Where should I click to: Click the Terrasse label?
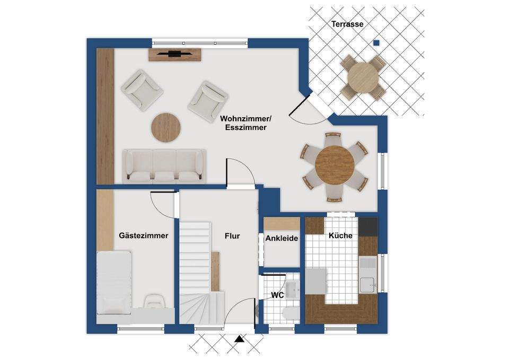[347, 24]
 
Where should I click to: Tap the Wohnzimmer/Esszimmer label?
[245, 123]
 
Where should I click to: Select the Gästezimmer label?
[144, 235]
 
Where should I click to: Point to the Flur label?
[232, 236]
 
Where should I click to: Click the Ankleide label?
[282, 238]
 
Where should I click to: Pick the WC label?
[277, 295]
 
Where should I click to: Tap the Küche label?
[340, 235]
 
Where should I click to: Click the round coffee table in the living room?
[166, 127]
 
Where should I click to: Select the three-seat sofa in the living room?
[164, 165]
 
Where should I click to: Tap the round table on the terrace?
[363, 77]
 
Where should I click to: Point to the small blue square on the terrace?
[376, 42]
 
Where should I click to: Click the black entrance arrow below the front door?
[240, 339]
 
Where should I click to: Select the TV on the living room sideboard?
[174, 54]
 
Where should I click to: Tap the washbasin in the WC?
[293, 289]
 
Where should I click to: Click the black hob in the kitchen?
[368, 226]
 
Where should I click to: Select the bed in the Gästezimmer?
[115, 283]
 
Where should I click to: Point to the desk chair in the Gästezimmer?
[153, 301]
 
